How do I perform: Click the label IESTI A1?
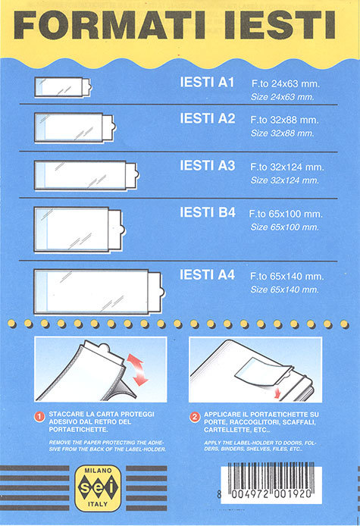click(x=207, y=83)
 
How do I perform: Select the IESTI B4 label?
click(x=208, y=212)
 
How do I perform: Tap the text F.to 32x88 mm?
click(x=284, y=120)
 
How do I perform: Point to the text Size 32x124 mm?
click(x=284, y=180)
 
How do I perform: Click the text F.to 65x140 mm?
click(x=286, y=277)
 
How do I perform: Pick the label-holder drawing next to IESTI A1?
click(x=63, y=87)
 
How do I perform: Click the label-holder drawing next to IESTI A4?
click(x=99, y=292)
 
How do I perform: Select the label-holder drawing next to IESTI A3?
click(x=86, y=175)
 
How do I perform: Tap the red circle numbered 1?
click(x=39, y=417)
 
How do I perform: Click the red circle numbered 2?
click(x=195, y=417)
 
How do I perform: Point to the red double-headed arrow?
click(x=138, y=369)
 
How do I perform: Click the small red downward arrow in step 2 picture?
click(x=277, y=393)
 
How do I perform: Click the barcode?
click(x=271, y=482)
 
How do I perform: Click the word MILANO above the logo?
click(x=98, y=471)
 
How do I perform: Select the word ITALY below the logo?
click(x=98, y=504)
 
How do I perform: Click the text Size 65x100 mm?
click(x=284, y=227)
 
